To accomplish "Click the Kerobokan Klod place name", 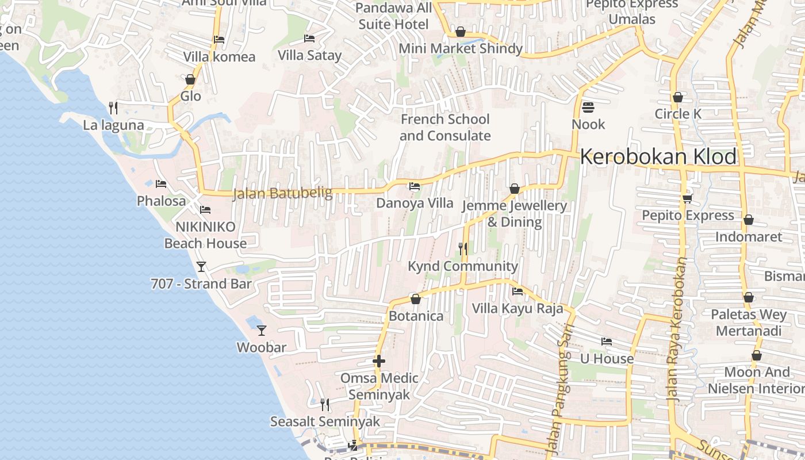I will [x=658, y=156].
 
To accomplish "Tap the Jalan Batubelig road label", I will [x=282, y=193].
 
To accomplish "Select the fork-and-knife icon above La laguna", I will [x=113, y=108].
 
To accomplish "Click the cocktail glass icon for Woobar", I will [x=262, y=330].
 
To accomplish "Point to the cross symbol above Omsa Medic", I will [x=378, y=361].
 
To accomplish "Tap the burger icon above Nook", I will [x=588, y=107].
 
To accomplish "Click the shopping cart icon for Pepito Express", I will [x=687, y=198].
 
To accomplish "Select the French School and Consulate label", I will [x=445, y=128].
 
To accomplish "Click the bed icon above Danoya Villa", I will [x=414, y=186].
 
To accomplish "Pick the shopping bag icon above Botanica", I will [x=416, y=299].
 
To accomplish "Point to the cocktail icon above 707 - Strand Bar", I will [x=201, y=266].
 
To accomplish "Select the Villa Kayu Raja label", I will [x=517, y=308].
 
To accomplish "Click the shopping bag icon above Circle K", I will [x=678, y=97].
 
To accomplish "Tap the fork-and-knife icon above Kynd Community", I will [x=462, y=248].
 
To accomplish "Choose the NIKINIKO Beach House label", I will [x=205, y=235].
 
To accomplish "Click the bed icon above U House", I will [x=606, y=342].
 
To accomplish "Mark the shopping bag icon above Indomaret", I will [x=748, y=220].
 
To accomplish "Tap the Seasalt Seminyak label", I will [x=325, y=421].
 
